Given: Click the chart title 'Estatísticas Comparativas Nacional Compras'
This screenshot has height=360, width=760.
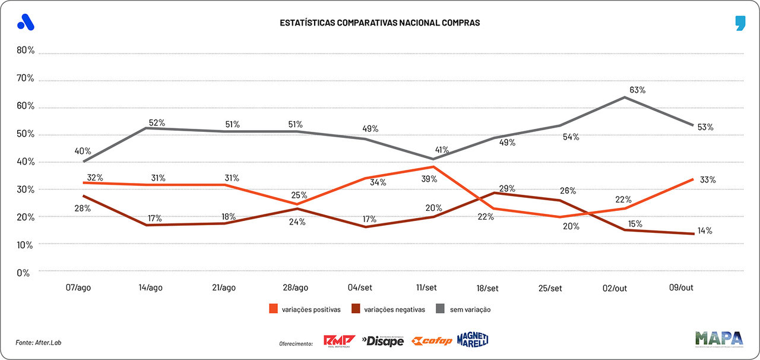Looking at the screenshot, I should [380, 23].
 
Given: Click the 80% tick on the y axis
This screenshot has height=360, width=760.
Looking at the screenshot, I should [26, 50].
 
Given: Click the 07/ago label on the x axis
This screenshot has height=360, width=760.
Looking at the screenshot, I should [78, 288].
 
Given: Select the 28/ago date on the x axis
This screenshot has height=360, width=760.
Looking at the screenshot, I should [295, 288].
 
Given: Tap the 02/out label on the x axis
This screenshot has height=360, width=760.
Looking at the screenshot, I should [614, 288].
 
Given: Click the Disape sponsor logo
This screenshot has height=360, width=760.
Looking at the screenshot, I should [383, 341].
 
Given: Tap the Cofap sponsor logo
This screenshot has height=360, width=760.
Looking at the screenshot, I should [432, 341].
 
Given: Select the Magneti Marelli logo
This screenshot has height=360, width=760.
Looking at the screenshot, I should [473, 340].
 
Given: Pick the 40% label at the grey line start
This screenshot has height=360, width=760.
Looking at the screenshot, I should [83, 151].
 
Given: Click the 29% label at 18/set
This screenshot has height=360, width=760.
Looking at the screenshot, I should [507, 189].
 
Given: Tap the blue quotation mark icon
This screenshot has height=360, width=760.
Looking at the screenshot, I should [740, 23].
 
